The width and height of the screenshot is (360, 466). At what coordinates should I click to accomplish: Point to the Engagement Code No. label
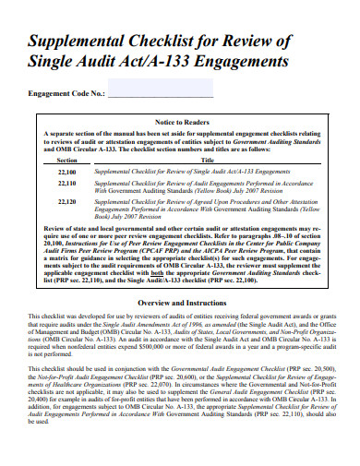click(67, 93)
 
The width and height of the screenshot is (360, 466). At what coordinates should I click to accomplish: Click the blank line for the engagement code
click(161, 94)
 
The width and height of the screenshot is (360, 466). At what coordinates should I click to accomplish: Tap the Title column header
click(208, 160)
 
